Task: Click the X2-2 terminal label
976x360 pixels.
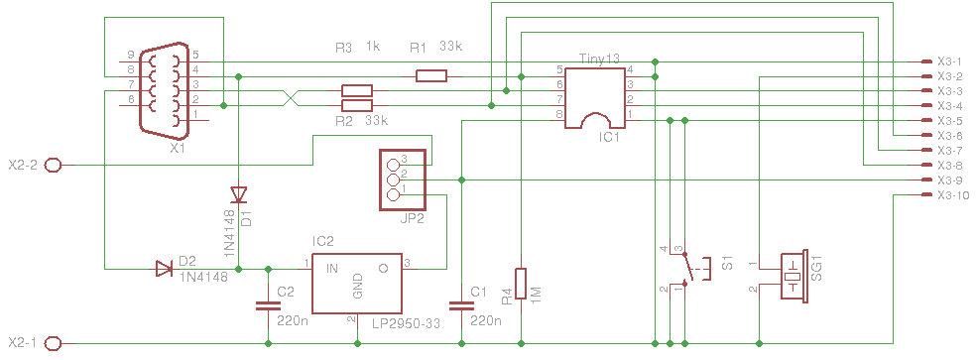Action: click(24, 165)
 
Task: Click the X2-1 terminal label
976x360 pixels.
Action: click(24, 342)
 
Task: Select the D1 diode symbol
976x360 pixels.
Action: click(238, 195)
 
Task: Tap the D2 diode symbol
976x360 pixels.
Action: click(164, 269)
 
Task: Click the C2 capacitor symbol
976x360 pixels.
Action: click(268, 305)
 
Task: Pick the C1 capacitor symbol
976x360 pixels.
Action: click(461, 305)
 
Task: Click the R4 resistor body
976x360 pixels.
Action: click(521, 284)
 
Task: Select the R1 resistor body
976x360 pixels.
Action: click(431, 76)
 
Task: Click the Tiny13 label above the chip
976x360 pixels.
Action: click(599, 60)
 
